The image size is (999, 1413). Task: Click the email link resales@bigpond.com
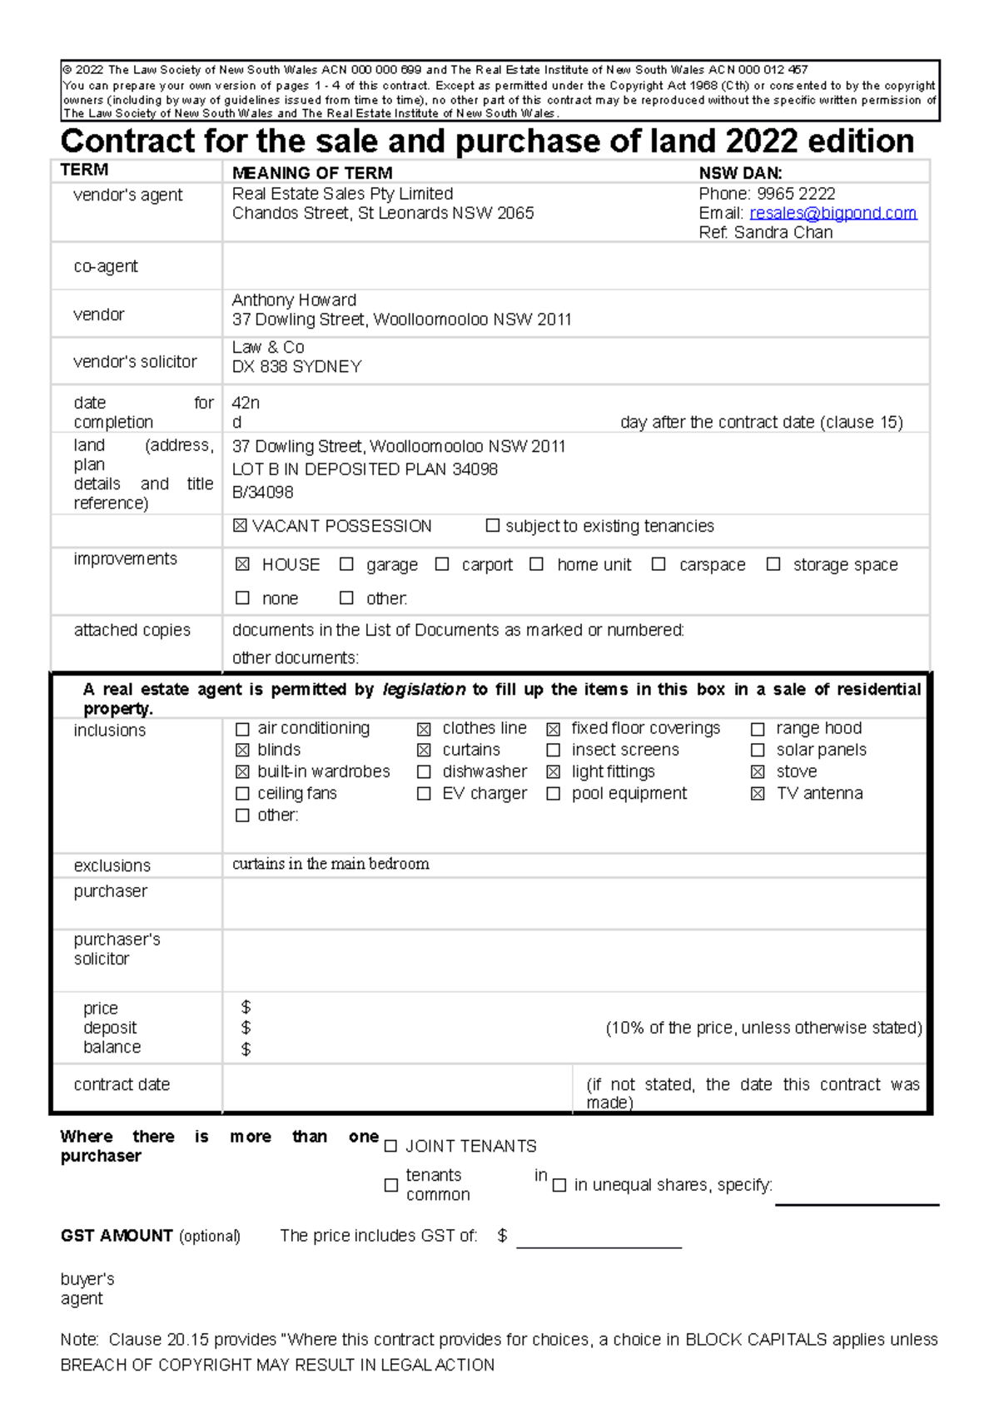point(832,213)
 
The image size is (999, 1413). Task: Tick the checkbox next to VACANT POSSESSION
point(241,526)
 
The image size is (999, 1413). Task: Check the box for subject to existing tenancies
point(493,526)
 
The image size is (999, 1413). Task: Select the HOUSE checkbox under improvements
point(242,564)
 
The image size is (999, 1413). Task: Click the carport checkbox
point(442,564)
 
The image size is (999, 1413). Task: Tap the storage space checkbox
point(773,564)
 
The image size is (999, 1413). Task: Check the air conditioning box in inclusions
point(242,729)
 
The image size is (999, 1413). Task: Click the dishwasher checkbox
point(424,772)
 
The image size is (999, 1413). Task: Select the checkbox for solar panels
point(758,751)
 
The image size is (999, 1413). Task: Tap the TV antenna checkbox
point(758,794)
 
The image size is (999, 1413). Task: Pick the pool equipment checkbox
point(553,794)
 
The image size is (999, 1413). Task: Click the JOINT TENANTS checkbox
point(390,1147)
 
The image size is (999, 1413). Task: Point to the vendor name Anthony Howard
point(294,300)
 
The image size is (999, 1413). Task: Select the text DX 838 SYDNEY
point(296,367)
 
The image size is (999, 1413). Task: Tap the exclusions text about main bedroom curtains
point(331,864)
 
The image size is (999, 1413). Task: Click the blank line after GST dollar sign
point(599,1240)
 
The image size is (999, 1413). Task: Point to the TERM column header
point(84,170)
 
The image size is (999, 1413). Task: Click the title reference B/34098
point(262,493)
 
